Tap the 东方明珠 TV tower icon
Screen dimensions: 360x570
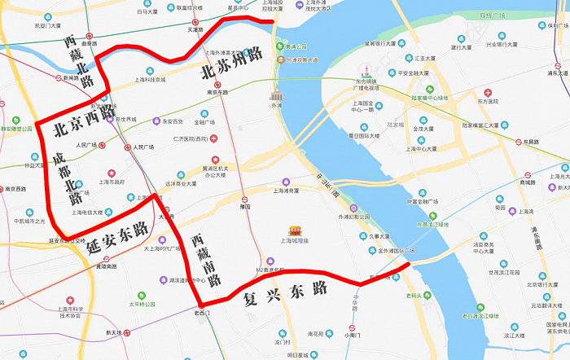tap(367, 70)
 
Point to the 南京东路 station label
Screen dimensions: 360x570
tap(216, 91)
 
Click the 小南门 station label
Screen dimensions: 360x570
tap(352, 334)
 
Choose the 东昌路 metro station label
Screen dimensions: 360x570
tap(533, 142)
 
